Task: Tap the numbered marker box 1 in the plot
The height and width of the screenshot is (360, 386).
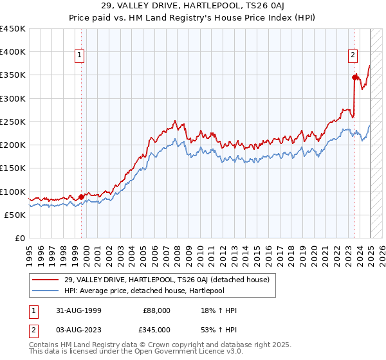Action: pyautogui.click(x=80, y=56)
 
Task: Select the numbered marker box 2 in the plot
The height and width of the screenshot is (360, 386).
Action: pyautogui.click(x=353, y=56)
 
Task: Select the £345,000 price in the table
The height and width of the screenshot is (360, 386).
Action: pyautogui.click(x=158, y=330)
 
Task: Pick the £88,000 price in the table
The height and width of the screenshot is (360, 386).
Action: pyautogui.click(x=158, y=311)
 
